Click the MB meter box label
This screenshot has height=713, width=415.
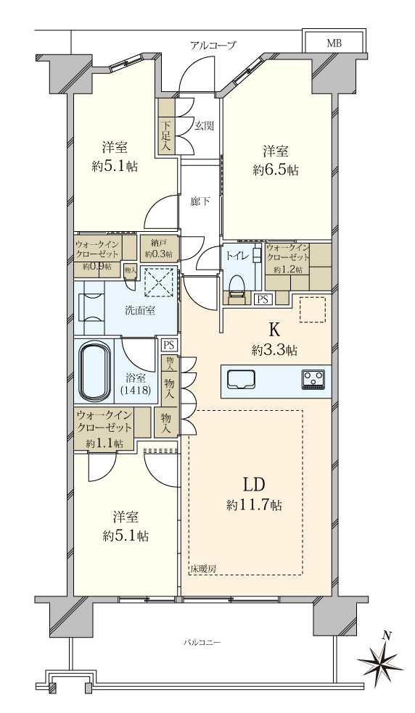click(x=334, y=43)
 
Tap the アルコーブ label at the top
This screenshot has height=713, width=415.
click(x=213, y=45)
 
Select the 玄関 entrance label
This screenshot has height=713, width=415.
click(x=204, y=125)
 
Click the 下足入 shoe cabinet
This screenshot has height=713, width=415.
click(x=166, y=127)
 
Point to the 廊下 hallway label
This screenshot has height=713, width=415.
click(x=200, y=201)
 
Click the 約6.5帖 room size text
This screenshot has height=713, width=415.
click(x=276, y=170)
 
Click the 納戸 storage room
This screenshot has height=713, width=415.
click(x=159, y=248)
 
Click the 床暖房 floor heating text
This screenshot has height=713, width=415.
click(x=203, y=569)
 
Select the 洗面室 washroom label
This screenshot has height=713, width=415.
click(x=140, y=311)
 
